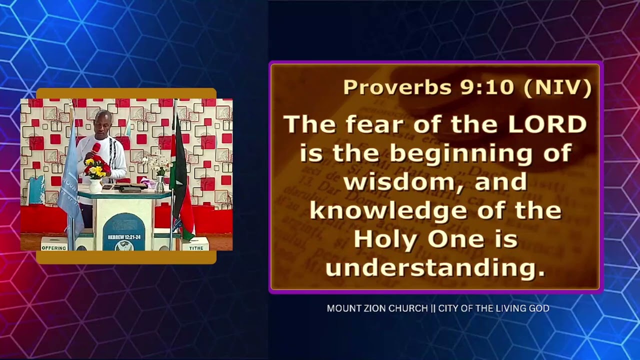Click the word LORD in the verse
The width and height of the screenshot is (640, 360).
coord(547,124)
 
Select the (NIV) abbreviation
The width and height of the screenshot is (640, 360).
coord(557,87)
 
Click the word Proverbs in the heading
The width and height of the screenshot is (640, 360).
coord(397,87)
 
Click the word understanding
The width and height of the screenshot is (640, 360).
coord(435,268)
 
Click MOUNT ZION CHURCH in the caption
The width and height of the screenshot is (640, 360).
coord(377,308)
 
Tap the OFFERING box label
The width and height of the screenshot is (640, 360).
coord(54,247)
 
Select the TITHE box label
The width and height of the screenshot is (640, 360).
coord(196,247)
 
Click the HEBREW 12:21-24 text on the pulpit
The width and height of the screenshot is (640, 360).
coord(123,237)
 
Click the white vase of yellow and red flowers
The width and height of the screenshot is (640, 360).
coord(95,175)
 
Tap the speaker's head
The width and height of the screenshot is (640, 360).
coord(103,120)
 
